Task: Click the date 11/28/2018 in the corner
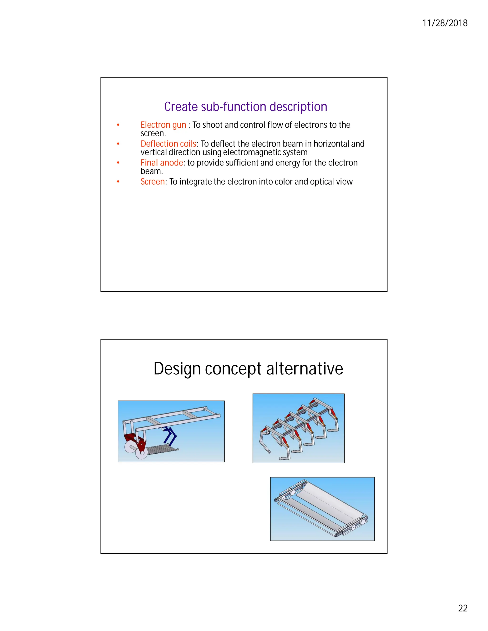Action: click(x=445, y=23)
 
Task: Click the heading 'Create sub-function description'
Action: click(x=245, y=107)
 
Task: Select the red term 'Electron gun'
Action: click(x=163, y=125)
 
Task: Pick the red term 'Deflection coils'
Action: click(x=168, y=144)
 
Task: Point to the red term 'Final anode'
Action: click(x=162, y=163)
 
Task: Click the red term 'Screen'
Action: click(x=152, y=181)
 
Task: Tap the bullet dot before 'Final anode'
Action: click(x=118, y=163)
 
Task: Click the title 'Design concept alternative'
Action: click(x=248, y=369)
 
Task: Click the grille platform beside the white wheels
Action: click(x=162, y=450)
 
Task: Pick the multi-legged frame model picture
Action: click(x=298, y=428)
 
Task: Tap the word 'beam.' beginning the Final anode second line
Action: click(x=152, y=171)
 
